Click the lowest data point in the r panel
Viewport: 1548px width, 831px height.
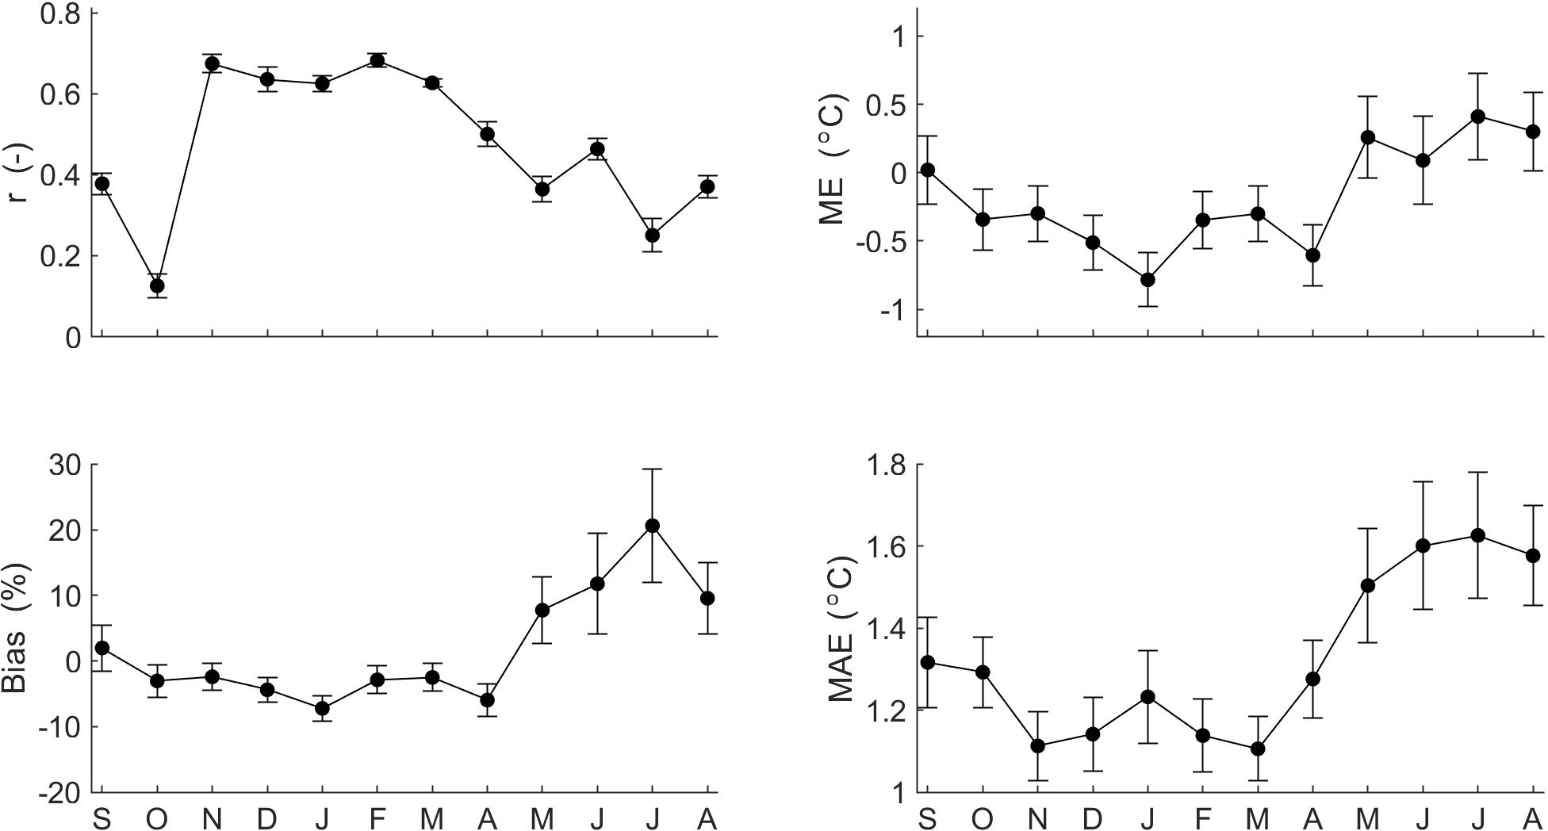pyautogui.click(x=157, y=285)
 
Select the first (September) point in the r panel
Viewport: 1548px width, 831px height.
pyautogui.click(x=102, y=184)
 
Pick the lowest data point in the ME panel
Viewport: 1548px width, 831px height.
pyautogui.click(x=1148, y=280)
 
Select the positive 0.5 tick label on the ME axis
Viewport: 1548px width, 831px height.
pyautogui.click(x=880, y=105)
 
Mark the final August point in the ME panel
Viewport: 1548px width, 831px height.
pyautogui.click(x=1533, y=132)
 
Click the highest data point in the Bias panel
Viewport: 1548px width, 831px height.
pyautogui.click(x=652, y=526)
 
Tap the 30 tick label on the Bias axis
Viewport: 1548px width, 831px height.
pyautogui.click(x=65, y=465)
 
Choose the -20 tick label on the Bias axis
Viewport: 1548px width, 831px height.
pyautogui.click(x=59, y=792)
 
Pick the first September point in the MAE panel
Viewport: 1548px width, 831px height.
pyautogui.click(x=928, y=663)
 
